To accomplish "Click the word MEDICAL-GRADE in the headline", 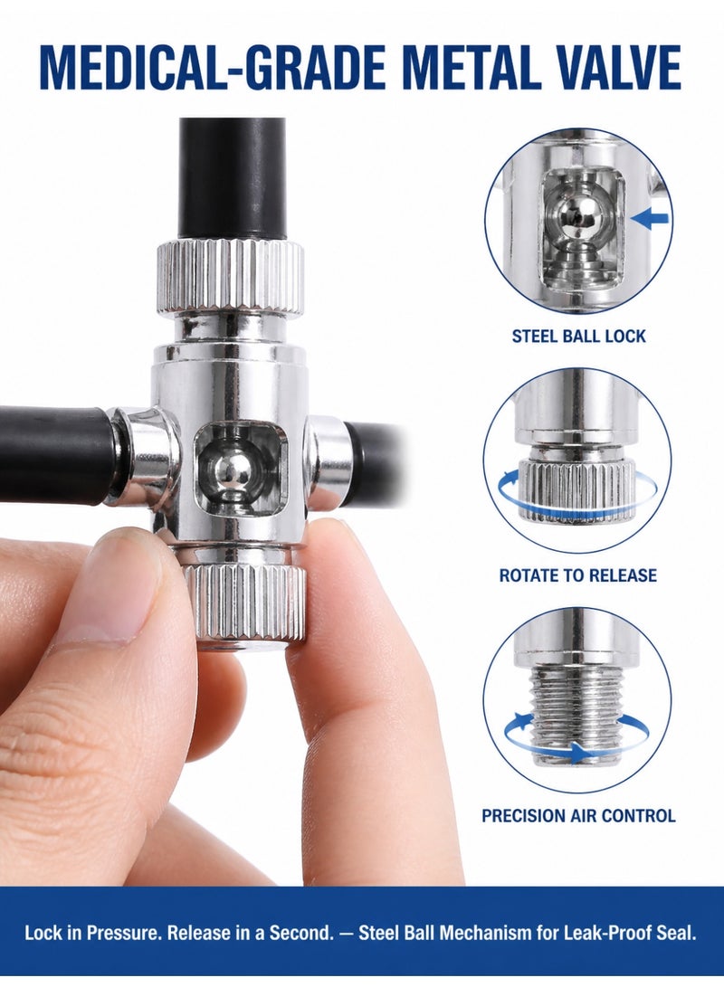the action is tap(212, 67).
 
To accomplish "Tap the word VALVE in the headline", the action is tap(609, 67).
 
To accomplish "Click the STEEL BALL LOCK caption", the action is tap(578, 336).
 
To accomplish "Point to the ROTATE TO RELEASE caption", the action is tap(577, 575).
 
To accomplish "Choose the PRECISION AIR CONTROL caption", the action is tap(578, 816).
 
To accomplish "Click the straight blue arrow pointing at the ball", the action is tap(649, 218).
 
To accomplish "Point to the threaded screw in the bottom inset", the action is tap(577, 715).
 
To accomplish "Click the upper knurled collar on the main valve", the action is tap(230, 275).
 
